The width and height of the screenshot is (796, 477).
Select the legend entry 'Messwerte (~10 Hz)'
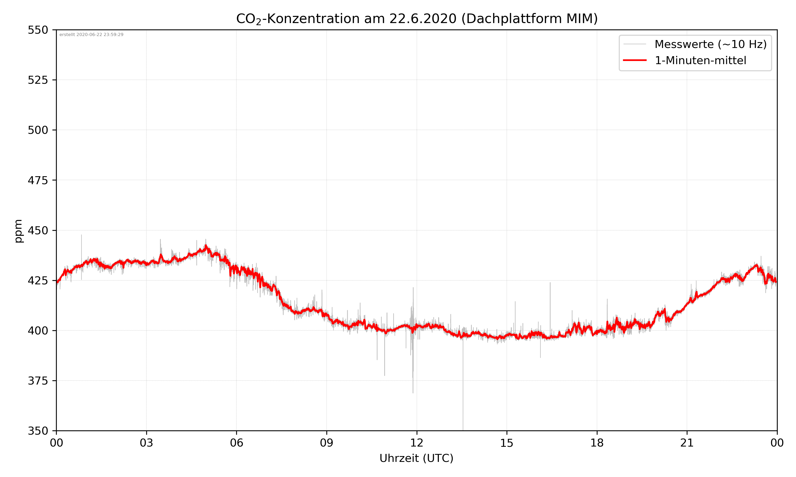click(710, 44)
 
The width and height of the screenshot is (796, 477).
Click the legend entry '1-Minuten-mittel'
click(700, 60)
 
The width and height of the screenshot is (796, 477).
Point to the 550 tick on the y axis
click(38, 30)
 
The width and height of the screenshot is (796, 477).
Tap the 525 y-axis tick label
click(38, 80)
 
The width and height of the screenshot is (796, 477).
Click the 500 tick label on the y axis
click(38, 130)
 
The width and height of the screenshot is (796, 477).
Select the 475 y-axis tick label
click(38, 180)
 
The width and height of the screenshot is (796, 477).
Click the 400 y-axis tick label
click(38, 331)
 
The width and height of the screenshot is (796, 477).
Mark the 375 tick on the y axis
click(38, 381)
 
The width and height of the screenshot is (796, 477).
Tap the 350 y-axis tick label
click(38, 431)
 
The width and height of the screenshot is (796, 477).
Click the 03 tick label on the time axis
click(146, 443)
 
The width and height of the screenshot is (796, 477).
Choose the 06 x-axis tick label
click(236, 443)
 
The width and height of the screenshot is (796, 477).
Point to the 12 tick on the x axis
click(417, 443)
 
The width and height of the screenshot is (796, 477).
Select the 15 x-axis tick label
click(507, 443)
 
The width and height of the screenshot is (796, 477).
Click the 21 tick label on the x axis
click(687, 443)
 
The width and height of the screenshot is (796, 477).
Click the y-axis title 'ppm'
click(18, 231)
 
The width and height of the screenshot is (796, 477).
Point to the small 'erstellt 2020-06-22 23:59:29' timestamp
click(91, 35)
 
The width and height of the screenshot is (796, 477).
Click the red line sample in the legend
click(634, 60)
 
